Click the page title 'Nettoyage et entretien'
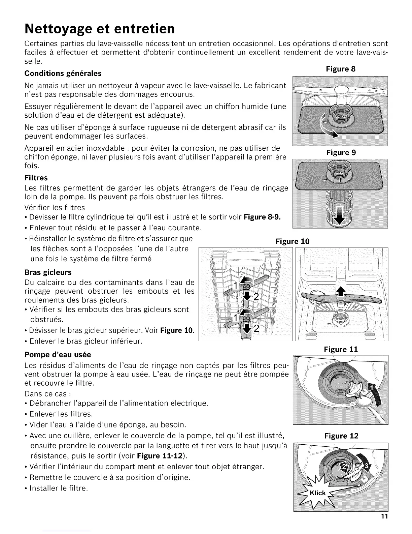coord(100,28)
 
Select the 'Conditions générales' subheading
coord(63,73)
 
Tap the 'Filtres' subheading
coord(36,178)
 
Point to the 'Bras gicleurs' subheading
coord(48,272)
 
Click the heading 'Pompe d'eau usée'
coord(58,355)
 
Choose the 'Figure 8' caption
coord(341,69)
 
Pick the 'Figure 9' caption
coord(341,152)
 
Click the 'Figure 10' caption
coord(292,241)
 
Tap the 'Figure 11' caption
coord(341,349)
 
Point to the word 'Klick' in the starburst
coord(318,493)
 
